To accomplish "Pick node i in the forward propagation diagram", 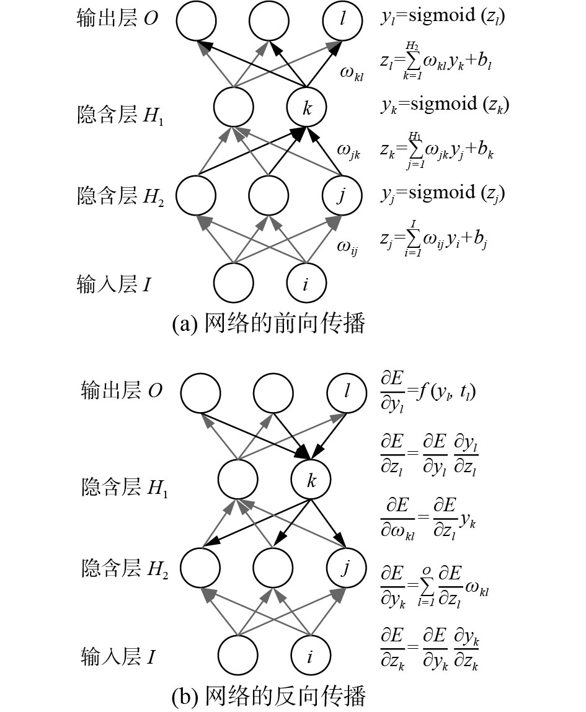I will (x=306, y=283).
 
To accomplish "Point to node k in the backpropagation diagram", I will (x=311, y=480).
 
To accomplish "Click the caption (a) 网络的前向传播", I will (x=269, y=323).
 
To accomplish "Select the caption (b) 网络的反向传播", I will (x=269, y=697).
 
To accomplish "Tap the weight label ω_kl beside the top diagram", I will (x=351, y=74).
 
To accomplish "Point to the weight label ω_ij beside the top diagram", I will (x=348, y=247).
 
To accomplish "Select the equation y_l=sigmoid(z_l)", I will (x=443, y=17).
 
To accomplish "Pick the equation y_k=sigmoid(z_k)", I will (x=445, y=105).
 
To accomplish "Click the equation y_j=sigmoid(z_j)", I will (x=443, y=193).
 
